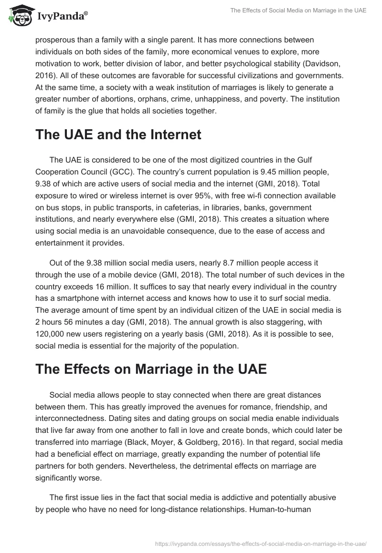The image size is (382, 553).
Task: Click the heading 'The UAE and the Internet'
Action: [118, 135]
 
